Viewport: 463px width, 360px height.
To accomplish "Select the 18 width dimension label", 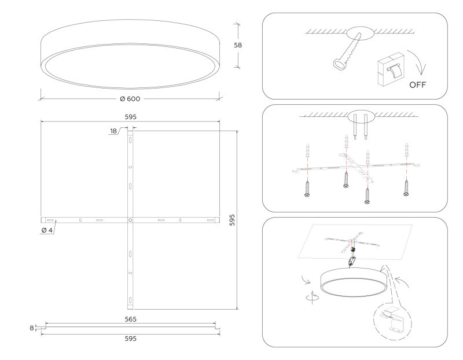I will pos(113,131).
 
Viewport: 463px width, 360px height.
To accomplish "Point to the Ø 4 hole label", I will pos(47,230).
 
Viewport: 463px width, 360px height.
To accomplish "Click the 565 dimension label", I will pos(130,319).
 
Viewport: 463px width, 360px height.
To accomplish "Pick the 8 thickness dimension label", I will pos(32,328).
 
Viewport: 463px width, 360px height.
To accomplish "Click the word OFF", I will pos(418,85).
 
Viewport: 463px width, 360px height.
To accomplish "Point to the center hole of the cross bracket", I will pos(130,220).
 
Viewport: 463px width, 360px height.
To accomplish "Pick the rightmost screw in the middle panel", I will pos(407,187).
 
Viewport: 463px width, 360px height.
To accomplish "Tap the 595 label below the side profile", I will pos(130,339).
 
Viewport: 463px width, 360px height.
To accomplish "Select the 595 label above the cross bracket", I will pos(130,116).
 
